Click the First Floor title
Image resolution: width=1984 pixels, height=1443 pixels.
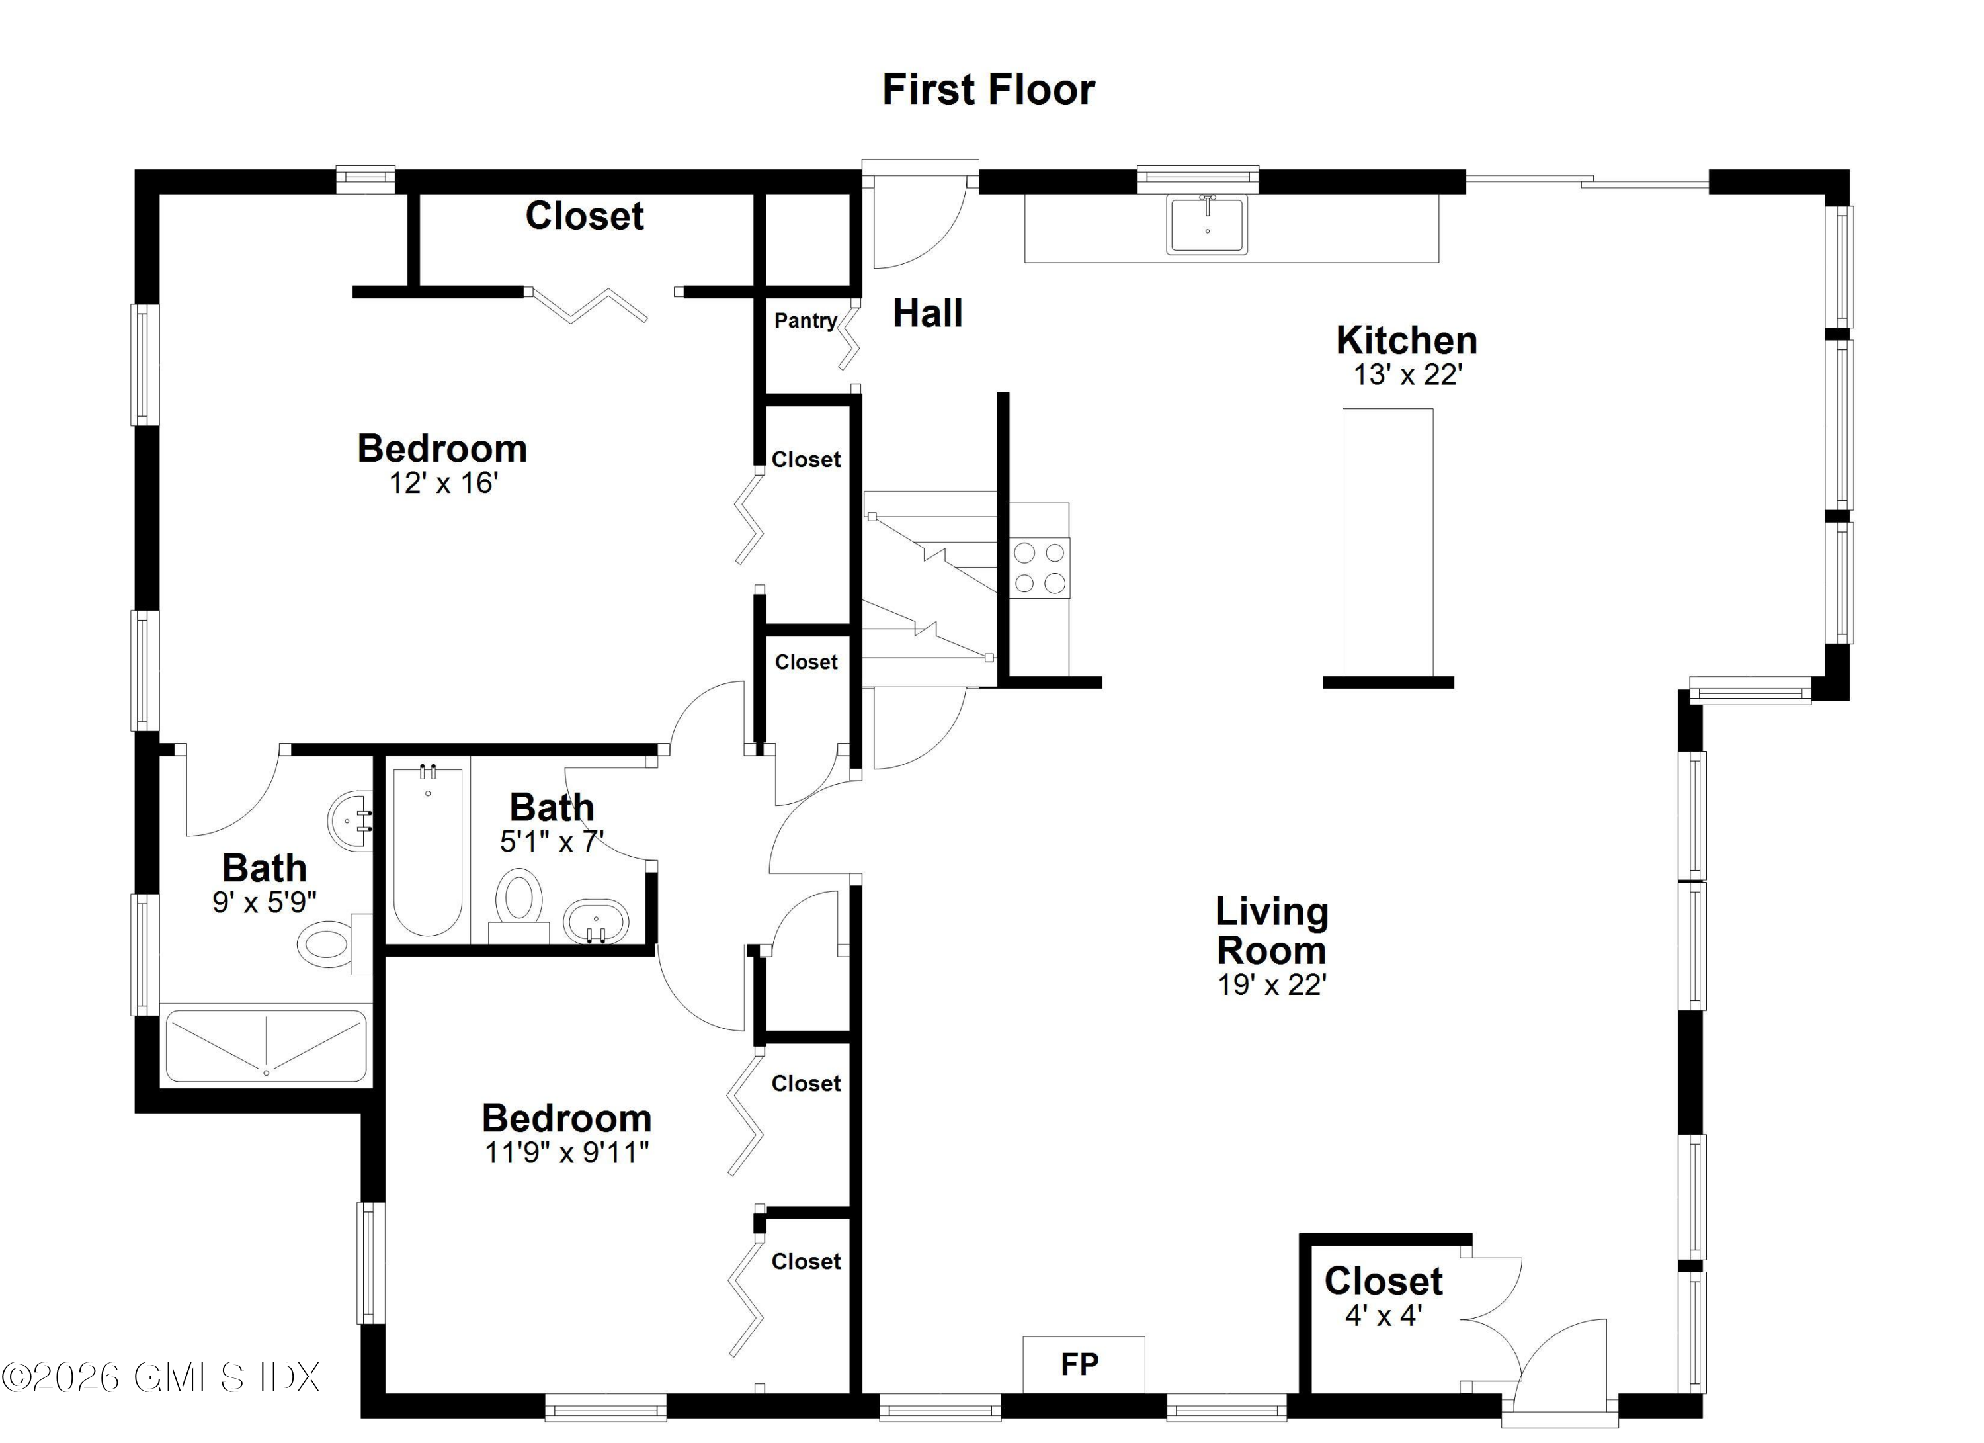tap(989, 89)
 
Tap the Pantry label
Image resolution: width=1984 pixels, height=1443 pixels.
tap(805, 320)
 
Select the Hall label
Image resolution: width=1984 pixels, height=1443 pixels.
tap(927, 313)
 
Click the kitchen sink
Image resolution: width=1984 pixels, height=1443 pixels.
tap(1206, 224)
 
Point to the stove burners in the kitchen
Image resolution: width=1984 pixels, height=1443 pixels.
tap(1039, 568)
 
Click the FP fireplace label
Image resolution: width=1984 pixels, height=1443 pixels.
tap(1079, 1364)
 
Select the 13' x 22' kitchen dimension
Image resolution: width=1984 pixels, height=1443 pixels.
tap(1407, 374)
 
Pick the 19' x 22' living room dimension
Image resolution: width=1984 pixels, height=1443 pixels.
tap(1272, 984)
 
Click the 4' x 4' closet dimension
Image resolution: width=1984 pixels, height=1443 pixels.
tap(1383, 1315)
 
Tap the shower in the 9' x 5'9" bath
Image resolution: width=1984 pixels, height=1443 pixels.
tap(266, 1045)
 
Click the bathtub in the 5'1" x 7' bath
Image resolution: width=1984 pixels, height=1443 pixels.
tap(428, 852)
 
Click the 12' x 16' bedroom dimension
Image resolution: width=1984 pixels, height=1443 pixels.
tap(444, 482)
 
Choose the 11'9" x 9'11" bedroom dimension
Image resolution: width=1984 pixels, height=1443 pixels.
tap(567, 1153)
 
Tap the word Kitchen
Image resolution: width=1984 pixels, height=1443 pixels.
tap(1406, 339)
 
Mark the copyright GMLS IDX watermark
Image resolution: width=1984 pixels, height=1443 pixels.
tap(161, 1377)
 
